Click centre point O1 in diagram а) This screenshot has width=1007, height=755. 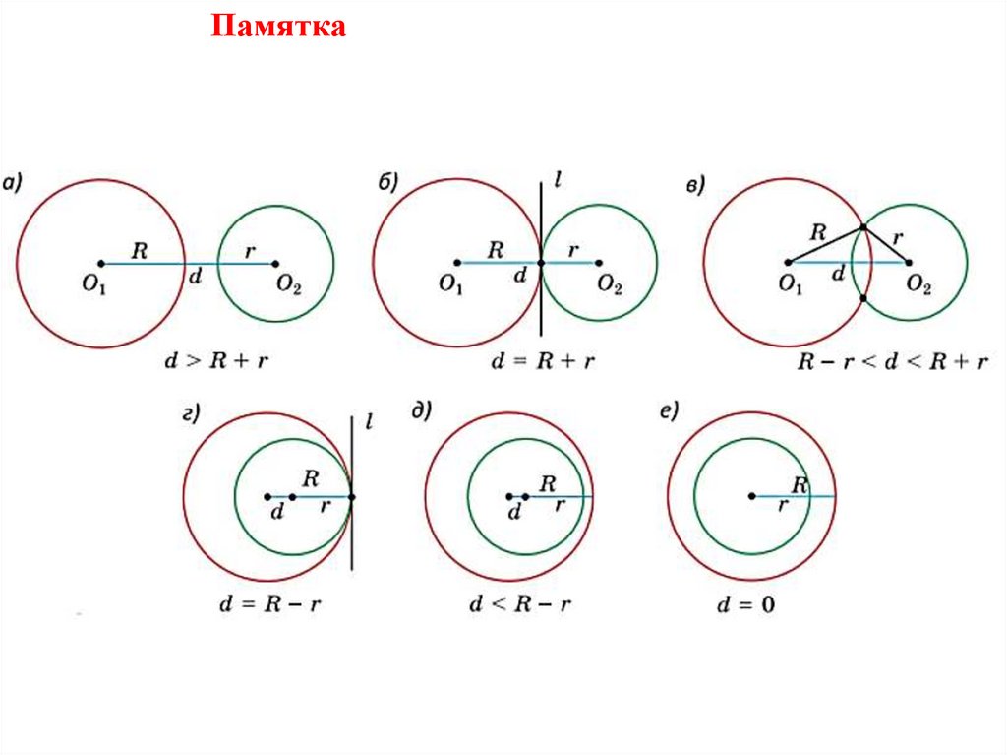click(x=101, y=263)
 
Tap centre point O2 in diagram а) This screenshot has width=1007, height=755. click(x=275, y=263)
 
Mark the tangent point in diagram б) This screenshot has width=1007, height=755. click(x=542, y=263)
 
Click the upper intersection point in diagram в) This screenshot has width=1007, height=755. click(x=862, y=227)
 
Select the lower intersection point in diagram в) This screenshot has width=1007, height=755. click(x=862, y=298)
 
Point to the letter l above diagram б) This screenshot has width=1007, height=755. click(x=558, y=183)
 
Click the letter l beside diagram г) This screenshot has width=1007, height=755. click(x=367, y=423)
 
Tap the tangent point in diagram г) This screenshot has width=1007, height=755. click(x=352, y=496)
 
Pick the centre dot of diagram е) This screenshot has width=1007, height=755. click(x=751, y=496)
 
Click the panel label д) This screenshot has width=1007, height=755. click(x=423, y=411)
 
